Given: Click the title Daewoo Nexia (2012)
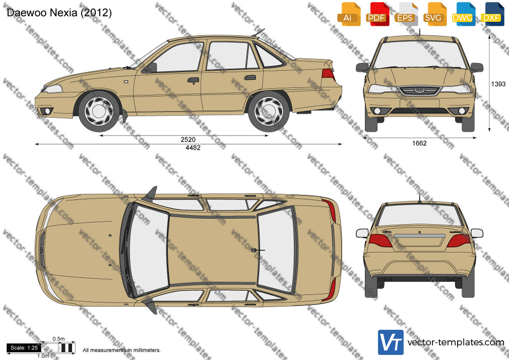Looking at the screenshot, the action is point(59,13).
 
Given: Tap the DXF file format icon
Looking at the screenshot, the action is point(492,14).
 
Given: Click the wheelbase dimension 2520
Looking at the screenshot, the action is point(188,140).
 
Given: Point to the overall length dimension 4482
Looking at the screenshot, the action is point(193,148).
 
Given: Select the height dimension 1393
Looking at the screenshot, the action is point(498,84).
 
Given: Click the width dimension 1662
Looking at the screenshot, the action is point(419,143).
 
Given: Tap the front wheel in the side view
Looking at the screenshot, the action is point(99,111).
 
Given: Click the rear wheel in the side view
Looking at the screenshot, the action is point(269,111).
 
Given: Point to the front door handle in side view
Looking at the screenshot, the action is point(193,80).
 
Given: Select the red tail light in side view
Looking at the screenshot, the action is point(328,75).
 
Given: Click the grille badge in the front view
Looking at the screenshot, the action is point(419,91).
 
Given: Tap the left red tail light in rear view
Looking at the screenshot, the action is point(380,241).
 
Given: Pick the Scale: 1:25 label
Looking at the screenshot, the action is point(24,348).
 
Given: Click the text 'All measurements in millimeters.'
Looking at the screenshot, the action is point(121,350).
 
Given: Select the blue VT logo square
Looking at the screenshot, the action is point(391,342).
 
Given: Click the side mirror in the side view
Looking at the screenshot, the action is point(152,68).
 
